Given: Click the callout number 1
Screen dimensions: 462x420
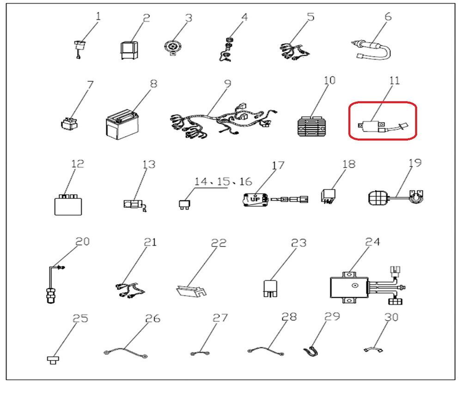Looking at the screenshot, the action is coord(98,16).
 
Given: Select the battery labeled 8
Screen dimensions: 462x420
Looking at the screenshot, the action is coord(122,125).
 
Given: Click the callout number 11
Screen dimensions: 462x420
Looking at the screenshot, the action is coord(395,80).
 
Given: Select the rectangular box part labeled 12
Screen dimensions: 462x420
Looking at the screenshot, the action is coord(68,205).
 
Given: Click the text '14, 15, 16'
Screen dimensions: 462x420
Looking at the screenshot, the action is coord(223,181).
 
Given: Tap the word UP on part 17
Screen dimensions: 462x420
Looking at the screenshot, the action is coord(255,199).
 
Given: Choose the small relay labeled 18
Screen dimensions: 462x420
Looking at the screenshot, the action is coord(328,196).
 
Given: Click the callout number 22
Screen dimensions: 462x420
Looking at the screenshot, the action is coord(219,243).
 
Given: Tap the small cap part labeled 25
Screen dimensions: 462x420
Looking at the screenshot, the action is coord(53,360).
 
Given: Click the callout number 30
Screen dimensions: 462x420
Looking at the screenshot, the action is coord(391,317).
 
